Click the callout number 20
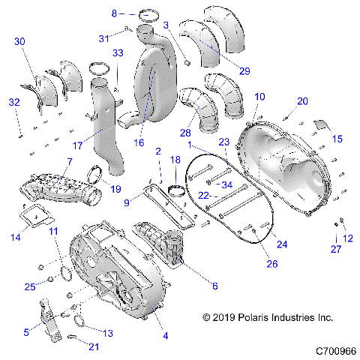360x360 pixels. [302, 101]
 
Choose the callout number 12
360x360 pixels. [346, 238]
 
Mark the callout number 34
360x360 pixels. [226, 185]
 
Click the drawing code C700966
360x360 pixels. [335, 350]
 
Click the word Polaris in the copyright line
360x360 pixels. [247, 318]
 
